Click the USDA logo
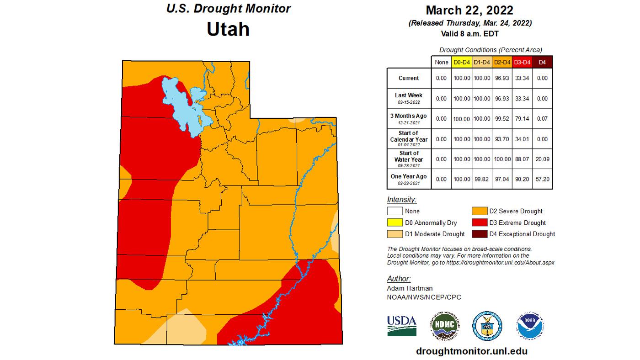pyautogui.click(x=402, y=325)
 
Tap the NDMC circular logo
pyautogui.click(x=445, y=326)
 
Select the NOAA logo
pyautogui.click(x=530, y=326)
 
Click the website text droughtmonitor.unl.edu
pyautogui.click(x=472, y=351)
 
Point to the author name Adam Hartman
pyautogui.click(x=410, y=288)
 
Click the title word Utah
pyautogui.click(x=228, y=29)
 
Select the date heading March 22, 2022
pyautogui.click(x=469, y=10)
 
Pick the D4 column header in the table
pyautogui.click(x=542, y=62)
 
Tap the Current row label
pyautogui.click(x=409, y=78)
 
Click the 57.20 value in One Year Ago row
pyautogui.click(x=542, y=179)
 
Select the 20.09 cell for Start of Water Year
pyautogui.click(x=542, y=159)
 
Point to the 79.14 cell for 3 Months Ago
pyautogui.click(x=522, y=119)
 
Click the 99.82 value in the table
pyautogui.click(x=481, y=179)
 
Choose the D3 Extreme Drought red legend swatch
pyautogui.click(x=479, y=222)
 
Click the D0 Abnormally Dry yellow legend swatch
pyautogui.click(x=395, y=222)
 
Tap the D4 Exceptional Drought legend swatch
pyautogui.click(x=479, y=234)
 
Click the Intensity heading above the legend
pyautogui.click(x=402, y=200)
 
